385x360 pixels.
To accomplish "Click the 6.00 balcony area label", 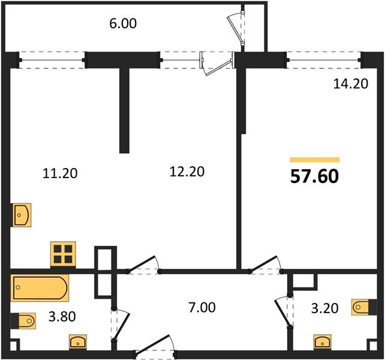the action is [123, 24].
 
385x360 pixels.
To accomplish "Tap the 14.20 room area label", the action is [351, 83].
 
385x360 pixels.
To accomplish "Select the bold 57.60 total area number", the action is [314, 176].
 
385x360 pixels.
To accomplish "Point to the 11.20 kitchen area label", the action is [60, 173].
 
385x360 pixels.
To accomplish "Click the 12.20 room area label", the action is [187, 172].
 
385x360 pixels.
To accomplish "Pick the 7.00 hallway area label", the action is [202, 308].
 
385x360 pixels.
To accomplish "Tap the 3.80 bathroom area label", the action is [62, 317].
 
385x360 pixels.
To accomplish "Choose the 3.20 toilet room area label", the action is [325, 308].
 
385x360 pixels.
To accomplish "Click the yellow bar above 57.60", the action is [314, 160].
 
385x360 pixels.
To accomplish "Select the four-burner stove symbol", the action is [63, 254].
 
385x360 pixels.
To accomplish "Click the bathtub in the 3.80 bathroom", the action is [40, 288].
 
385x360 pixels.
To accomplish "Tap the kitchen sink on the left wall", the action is [22, 215].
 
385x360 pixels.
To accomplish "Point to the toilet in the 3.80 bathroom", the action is [23, 320].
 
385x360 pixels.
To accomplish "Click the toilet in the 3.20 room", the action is [364, 307].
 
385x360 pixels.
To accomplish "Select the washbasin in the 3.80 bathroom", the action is [78, 342].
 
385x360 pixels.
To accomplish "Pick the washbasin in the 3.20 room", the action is [323, 342].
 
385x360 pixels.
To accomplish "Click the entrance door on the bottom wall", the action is [155, 344].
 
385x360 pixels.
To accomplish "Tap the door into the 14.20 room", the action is [266, 265].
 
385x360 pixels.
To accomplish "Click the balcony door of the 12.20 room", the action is [217, 64].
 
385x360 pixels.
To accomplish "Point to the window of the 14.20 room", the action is [324, 60].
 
